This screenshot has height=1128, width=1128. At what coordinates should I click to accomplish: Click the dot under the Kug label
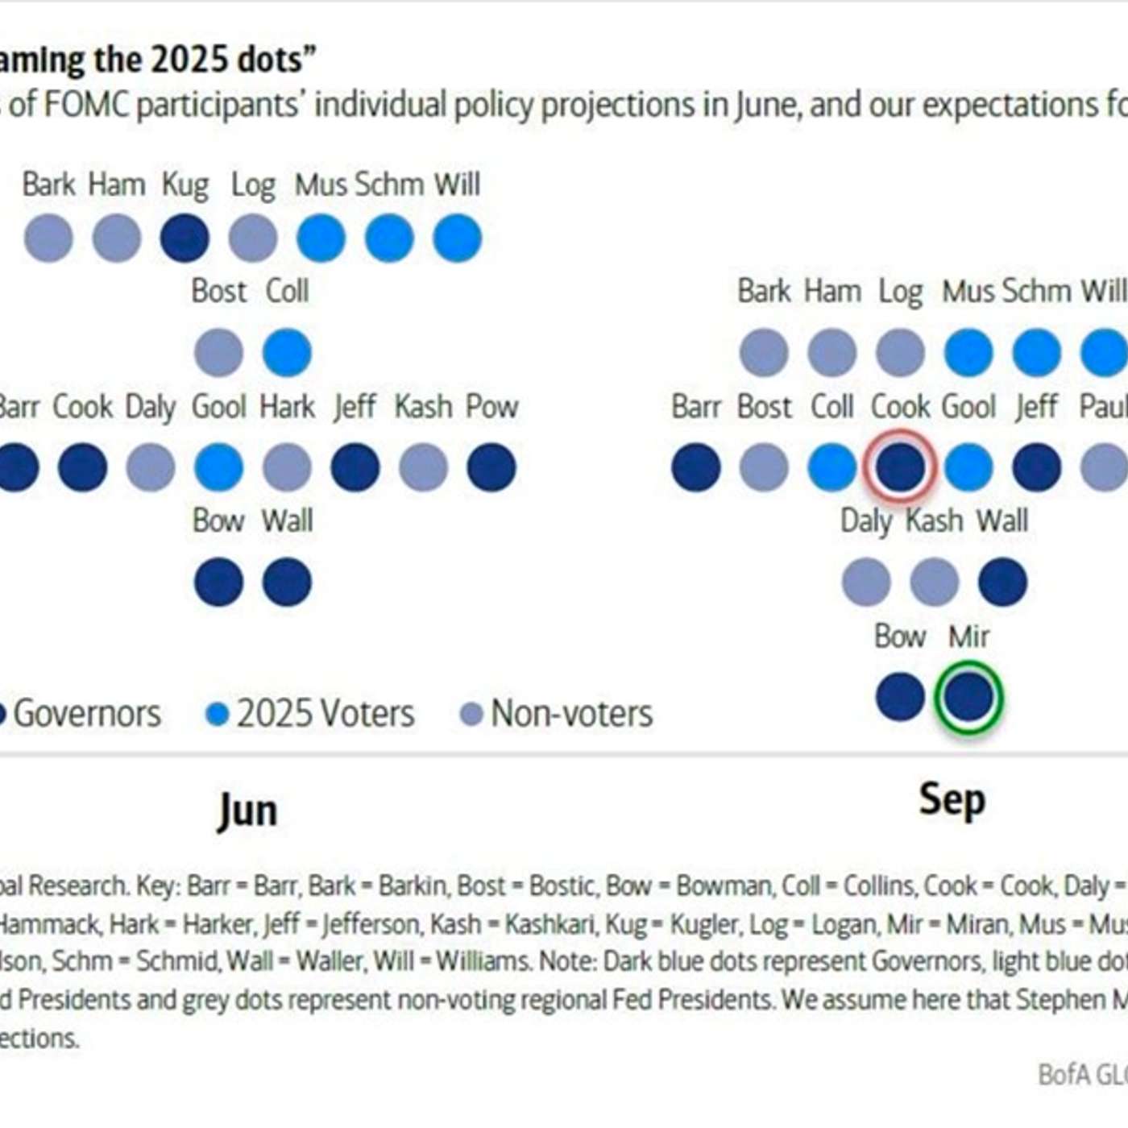click(x=185, y=238)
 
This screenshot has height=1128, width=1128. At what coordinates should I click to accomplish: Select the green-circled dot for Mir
click(x=968, y=696)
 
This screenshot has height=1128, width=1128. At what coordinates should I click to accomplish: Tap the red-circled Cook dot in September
click(x=900, y=467)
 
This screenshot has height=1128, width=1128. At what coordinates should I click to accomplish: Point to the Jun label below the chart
click(x=247, y=810)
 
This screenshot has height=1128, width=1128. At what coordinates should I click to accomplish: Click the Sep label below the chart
click(x=952, y=800)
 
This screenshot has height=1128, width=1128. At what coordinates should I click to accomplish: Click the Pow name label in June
click(x=491, y=407)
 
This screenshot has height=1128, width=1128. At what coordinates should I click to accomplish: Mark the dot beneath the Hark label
click(x=287, y=467)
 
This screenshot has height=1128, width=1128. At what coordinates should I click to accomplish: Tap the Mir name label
click(x=968, y=637)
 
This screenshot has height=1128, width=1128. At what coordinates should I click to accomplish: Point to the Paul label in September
click(x=1104, y=407)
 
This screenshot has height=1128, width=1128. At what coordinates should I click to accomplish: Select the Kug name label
click(x=185, y=185)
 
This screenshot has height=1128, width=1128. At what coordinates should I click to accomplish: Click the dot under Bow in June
click(x=218, y=582)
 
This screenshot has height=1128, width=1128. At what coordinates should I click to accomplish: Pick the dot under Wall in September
click(x=1002, y=582)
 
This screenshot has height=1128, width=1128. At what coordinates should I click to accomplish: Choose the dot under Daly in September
click(x=866, y=582)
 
